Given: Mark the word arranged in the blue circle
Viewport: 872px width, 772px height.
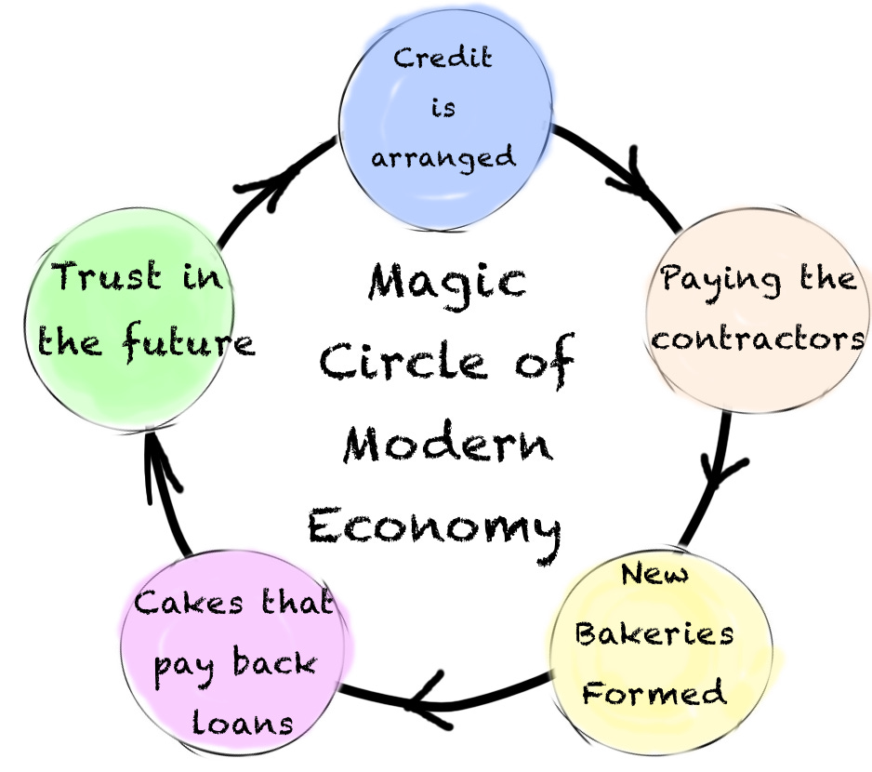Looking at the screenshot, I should point(443,155).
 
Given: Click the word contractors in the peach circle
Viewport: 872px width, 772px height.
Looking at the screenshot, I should point(759,338).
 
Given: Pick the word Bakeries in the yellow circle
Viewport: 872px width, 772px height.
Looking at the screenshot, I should point(654,634).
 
